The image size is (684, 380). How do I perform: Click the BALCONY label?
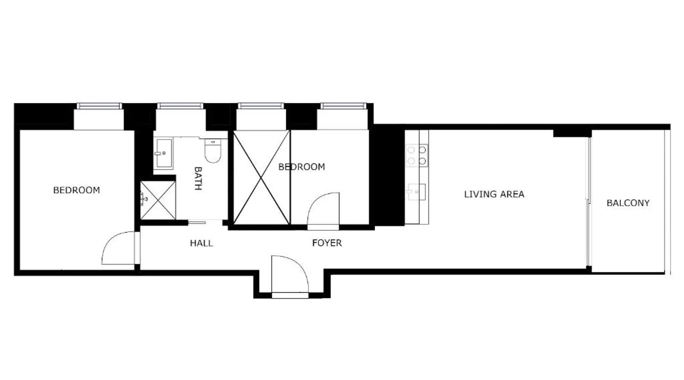click(x=628, y=203)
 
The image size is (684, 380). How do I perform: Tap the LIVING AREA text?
click(x=494, y=194)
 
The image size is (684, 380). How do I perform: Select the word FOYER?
click(x=327, y=243)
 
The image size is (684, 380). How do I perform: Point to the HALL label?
click(x=201, y=243)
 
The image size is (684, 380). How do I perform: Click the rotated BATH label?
click(x=198, y=178)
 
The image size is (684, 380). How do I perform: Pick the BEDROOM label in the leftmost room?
click(x=76, y=190)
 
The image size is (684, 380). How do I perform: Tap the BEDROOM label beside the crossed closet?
click(x=302, y=167)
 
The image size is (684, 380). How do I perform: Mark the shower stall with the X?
click(x=158, y=200)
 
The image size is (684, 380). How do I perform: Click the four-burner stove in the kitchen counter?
click(x=417, y=155)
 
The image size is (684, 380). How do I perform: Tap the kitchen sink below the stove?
click(x=416, y=192)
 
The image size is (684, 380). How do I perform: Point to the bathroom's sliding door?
click(x=197, y=223)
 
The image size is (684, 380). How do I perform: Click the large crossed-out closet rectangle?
click(x=261, y=177)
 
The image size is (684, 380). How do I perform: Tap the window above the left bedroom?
click(x=100, y=106)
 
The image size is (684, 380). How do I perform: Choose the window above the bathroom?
click(x=180, y=106)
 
